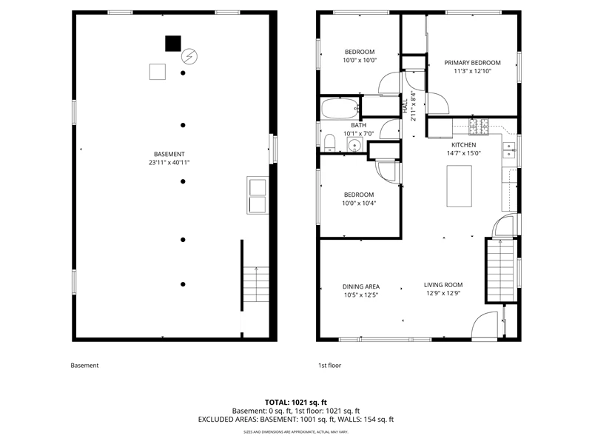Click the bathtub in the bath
[340, 108]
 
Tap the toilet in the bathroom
[329, 143]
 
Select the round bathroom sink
[354, 145]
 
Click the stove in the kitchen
[479, 127]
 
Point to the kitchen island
[459, 186]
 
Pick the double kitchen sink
[509, 150]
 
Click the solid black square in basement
[173, 44]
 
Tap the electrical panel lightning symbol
[189, 57]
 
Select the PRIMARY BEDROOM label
[472, 63]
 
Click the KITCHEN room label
[464, 144]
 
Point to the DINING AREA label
[361, 286]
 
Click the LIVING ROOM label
[443, 285]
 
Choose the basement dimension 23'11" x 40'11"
[169, 162]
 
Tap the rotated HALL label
[405, 106]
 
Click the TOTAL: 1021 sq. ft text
[296, 402]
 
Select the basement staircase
[256, 284]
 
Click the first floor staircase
[501, 270]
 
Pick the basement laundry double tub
[258, 195]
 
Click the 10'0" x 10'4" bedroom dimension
[359, 203]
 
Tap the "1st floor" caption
[329, 365]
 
